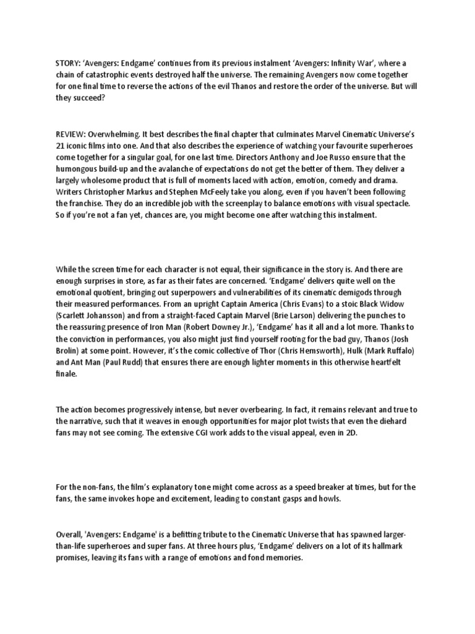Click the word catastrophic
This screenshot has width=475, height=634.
coord(105,75)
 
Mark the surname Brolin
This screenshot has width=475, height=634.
coord(70,345)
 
